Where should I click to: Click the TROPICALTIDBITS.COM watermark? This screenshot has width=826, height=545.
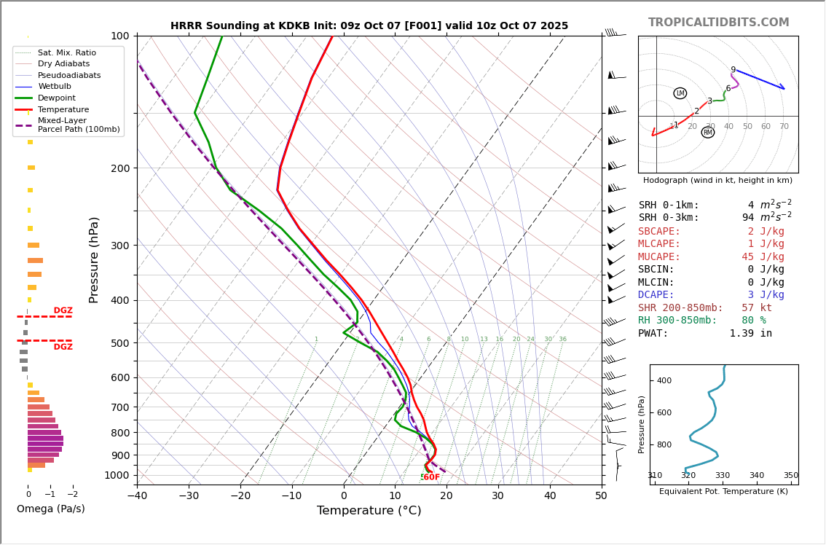point(718,23)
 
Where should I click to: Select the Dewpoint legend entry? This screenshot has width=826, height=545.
point(57,98)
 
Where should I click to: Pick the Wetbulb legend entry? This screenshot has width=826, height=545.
point(55,87)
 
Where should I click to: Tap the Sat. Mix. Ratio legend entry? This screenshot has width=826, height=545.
point(67,52)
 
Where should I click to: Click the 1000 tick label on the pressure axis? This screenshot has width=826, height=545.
point(117,475)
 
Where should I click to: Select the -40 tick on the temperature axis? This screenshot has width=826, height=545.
point(137,496)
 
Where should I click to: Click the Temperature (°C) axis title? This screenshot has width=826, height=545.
point(369,511)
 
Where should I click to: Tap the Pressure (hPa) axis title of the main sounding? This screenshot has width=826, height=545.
point(94,259)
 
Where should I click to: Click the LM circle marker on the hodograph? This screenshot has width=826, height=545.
point(680,93)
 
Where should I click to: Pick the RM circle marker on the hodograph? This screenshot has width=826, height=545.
point(708,133)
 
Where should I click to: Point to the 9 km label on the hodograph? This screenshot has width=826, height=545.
point(733,71)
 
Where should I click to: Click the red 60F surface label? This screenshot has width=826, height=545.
point(431,477)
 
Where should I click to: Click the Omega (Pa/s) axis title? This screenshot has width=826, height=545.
point(50,509)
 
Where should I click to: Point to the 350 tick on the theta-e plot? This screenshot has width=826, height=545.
point(790,475)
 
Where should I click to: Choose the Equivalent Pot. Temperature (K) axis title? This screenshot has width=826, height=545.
point(723,491)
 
